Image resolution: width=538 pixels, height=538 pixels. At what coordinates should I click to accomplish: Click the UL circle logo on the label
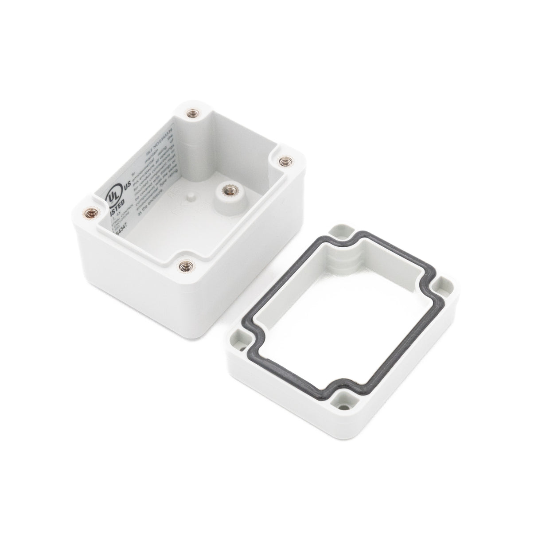tap(112, 197)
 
